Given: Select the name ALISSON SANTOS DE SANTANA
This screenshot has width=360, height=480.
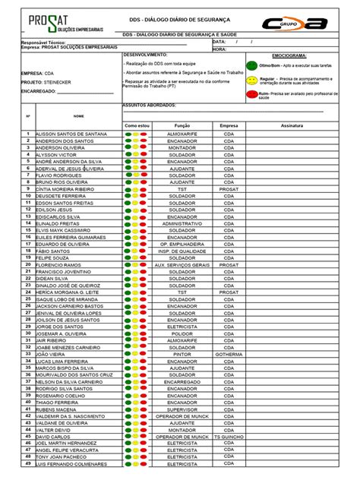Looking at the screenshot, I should point(71,134).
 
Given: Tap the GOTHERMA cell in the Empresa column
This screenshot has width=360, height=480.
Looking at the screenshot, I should point(229,354).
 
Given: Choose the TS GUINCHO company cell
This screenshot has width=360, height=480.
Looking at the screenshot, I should point(229,437).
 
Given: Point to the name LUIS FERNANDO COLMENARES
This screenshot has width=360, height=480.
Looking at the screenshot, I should point(71,464).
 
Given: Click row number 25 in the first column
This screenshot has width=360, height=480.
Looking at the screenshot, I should point(27,298).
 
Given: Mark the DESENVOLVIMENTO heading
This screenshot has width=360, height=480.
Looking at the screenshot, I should point(146,55).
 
